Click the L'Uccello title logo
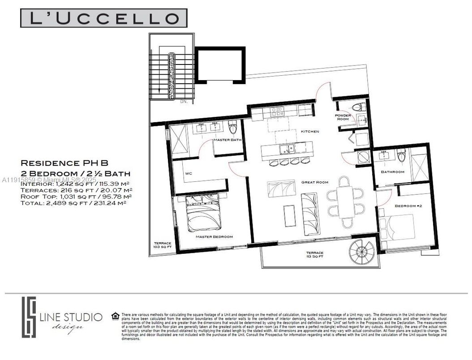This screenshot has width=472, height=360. tap(103, 18)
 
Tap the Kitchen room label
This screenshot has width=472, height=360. tap(309, 132)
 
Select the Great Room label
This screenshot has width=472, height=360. tap(315, 182)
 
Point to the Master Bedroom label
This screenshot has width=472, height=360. tap(214, 236)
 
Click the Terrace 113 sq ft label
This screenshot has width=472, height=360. tap(314, 255)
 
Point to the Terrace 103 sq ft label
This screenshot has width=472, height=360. tap(160, 244)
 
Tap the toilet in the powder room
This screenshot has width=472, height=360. tap(357, 107)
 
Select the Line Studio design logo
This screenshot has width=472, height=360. tap(63, 319)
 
